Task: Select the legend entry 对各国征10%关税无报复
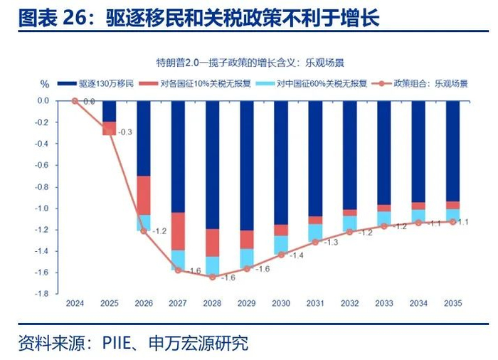191,83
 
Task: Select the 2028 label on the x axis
212,304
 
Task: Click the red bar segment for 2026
144,195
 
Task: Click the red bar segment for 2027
178,231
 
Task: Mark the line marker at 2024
75,101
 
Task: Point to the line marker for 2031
314,242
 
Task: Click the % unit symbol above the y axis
44,83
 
